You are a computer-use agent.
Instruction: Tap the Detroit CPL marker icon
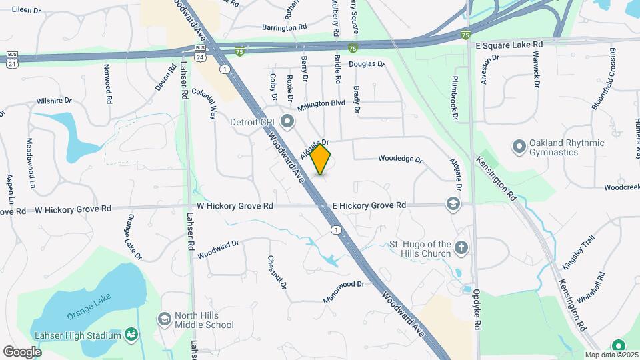tap(287, 121)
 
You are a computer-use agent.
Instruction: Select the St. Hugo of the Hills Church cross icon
tap(461, 249)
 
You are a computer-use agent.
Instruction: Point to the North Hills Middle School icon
tap(164, 319)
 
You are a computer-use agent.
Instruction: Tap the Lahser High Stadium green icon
tap(131, 334)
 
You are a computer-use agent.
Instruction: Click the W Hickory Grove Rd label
tap(74, 209)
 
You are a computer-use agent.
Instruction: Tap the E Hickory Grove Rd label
tap(369, 205)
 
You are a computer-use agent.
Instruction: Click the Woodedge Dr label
tap(400, 159)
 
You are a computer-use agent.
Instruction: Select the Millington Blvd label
tap(321, 104)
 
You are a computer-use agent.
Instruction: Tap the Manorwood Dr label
tap(344, 284)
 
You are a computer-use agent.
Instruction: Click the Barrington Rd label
tap(284, 27)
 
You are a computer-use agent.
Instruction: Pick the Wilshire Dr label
tap(54, 101)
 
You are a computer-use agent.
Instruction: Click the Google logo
tap(22, 351)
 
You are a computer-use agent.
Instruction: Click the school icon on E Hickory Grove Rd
tap(453, 203)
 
